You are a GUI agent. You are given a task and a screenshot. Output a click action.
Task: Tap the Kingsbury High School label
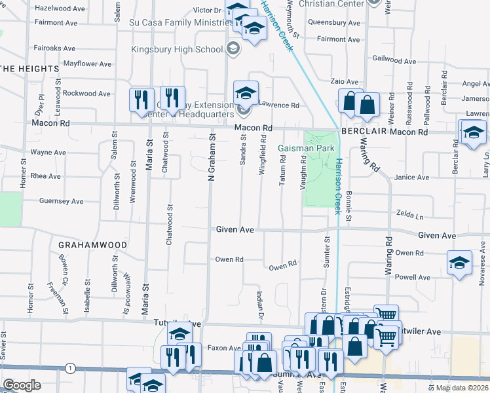coord(177,49)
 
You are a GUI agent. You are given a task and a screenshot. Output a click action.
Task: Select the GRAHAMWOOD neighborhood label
coord(92,245)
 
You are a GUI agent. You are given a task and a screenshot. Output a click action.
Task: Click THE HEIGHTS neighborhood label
coord(29,69)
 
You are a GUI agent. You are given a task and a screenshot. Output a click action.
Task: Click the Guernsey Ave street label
coord(62,201)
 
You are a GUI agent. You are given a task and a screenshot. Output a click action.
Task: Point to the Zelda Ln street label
coord(411,215)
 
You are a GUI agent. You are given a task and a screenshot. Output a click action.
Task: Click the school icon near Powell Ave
coord(459,263)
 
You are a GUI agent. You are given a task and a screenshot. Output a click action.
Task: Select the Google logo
coord(22,385)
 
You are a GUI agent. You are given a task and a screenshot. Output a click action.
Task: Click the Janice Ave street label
coord(411,178)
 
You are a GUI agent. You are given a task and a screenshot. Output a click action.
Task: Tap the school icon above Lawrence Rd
coord(246,92)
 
